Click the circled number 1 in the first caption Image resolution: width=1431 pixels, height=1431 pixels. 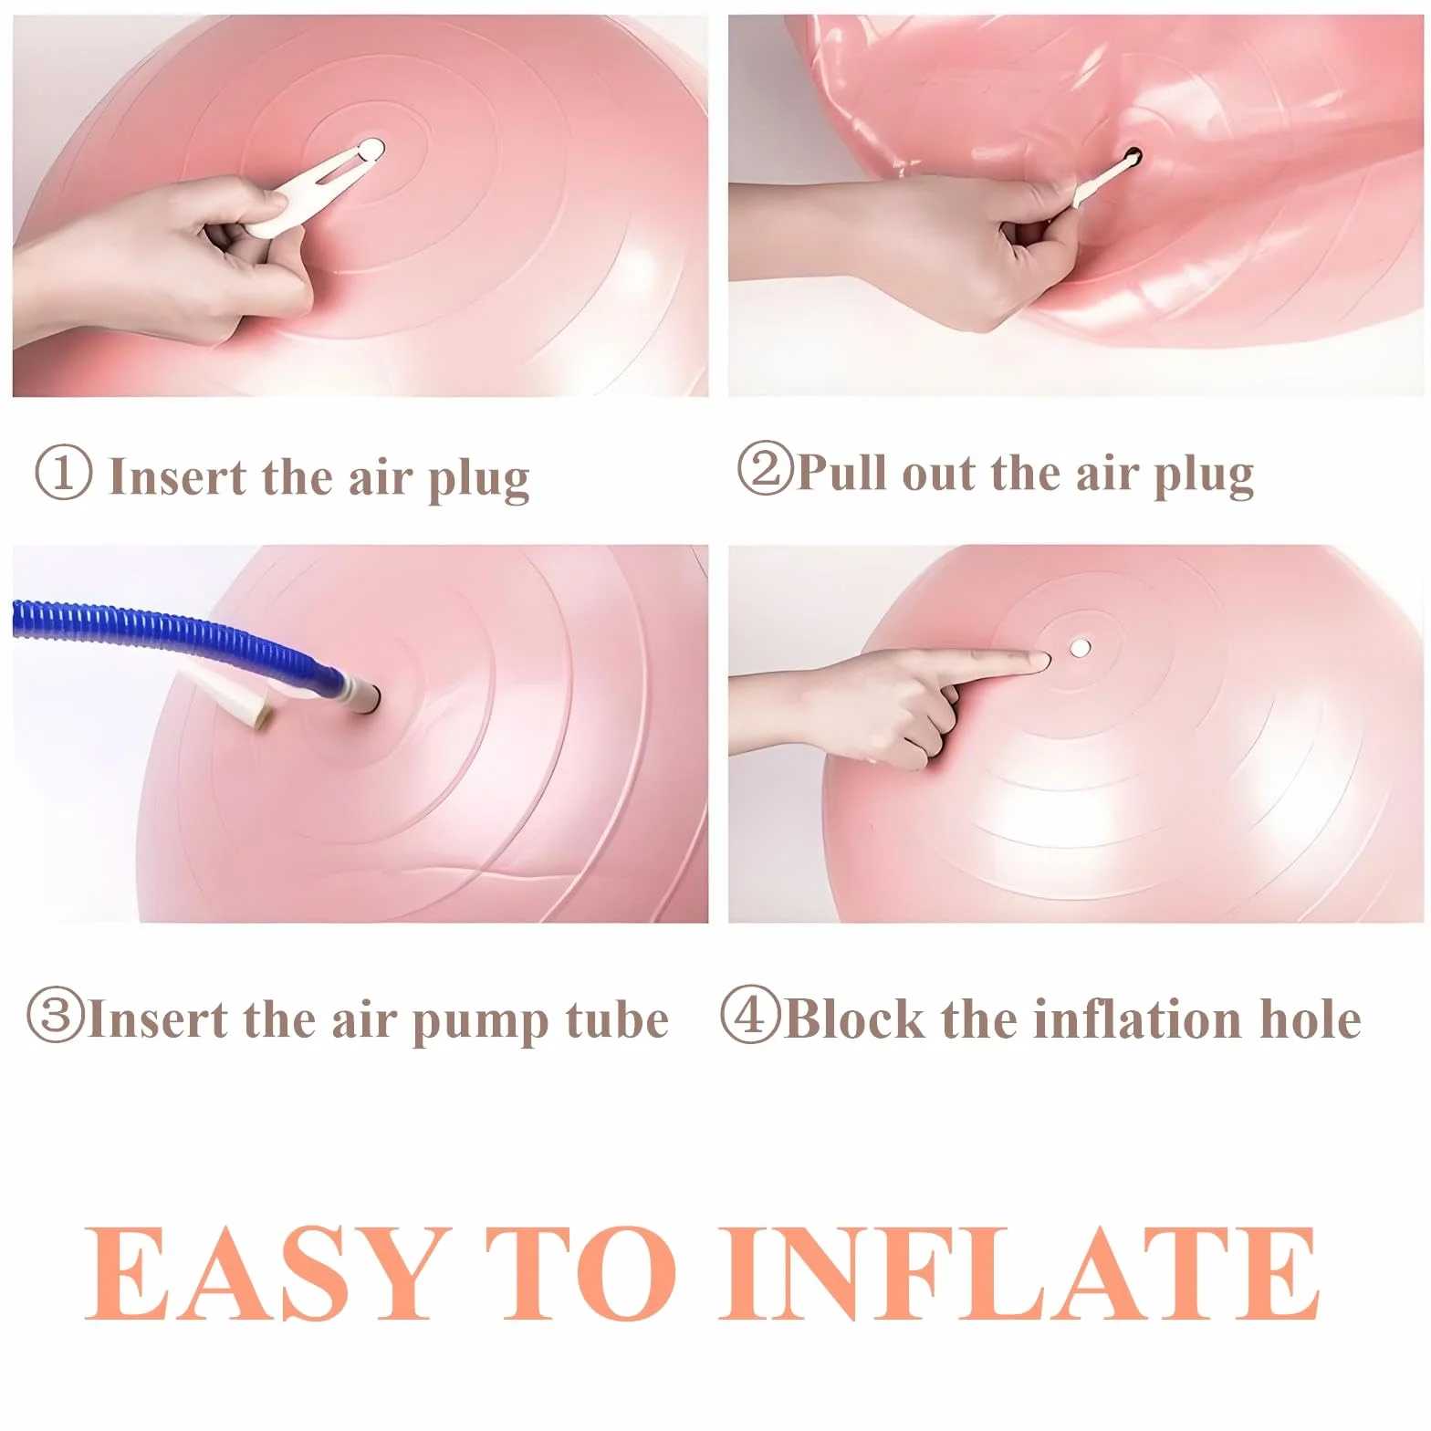pyautogui.click(x=63, y=473)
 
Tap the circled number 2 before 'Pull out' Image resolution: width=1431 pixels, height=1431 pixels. pyautogui.click(x=766, y=468)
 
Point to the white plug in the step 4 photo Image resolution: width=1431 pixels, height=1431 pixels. pyautogui.click(x=1081, y=649)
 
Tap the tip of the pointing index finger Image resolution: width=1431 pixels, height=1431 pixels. pyautogui.click(x=1047, y=659)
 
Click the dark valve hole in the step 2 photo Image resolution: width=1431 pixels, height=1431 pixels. pyautogui.click(x=1133, y=156)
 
